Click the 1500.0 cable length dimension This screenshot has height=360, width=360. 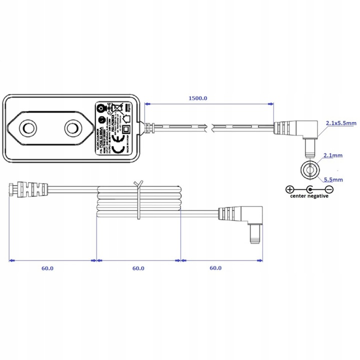(198, 98)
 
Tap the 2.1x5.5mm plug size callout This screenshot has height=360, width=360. (340, 123)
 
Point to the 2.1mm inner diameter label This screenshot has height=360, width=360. (332, 156)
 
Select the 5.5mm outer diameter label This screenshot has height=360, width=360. (332, 179)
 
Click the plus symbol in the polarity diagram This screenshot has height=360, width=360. (289, 189)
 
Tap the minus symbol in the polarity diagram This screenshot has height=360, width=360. (329, 189)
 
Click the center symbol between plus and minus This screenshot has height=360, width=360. (309, 189)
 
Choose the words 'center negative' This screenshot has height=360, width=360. (309, 196)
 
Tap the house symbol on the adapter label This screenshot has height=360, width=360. (127, 118)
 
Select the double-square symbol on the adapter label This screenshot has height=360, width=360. (126, 129)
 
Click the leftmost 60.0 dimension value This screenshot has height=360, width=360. (47, 268)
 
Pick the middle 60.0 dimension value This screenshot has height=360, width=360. (138, 268)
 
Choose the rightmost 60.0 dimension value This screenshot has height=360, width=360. (215, 268)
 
